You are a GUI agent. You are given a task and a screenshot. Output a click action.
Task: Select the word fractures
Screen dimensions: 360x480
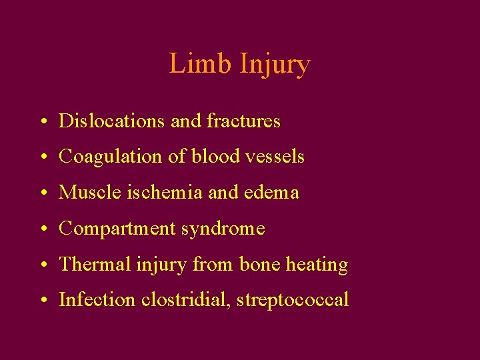click(x=243, y=121)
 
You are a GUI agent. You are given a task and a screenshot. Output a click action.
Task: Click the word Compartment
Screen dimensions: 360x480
click(x=117, y=229)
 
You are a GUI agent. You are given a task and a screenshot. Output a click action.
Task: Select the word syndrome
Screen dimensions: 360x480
click(x=223, y=229)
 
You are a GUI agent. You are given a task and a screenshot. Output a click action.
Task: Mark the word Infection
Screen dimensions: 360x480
click(x=97, y=300)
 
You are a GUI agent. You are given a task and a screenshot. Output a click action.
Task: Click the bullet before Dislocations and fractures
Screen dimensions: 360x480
click(x=42, y=122)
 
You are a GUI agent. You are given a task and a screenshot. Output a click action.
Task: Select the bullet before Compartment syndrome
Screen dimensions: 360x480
click(x=42, y=230)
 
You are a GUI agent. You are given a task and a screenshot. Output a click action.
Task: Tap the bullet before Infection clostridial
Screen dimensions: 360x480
click(x=42, y=301)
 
